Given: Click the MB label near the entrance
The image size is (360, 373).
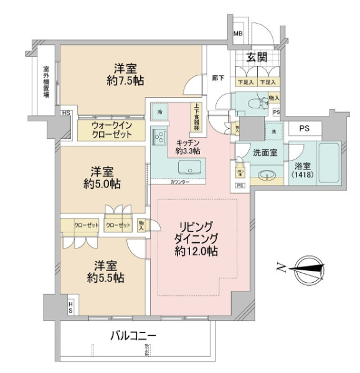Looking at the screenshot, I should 238,34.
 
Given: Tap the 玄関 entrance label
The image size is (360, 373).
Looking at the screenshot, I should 257,58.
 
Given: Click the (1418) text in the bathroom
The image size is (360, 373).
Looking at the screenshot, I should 303,176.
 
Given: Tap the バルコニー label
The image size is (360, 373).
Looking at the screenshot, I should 133,336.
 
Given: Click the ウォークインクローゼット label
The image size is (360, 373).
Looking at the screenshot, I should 110,130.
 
